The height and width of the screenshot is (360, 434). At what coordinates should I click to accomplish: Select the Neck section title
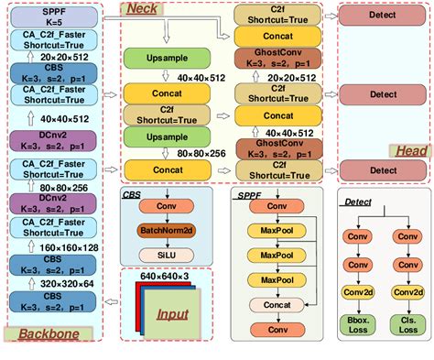141,9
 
